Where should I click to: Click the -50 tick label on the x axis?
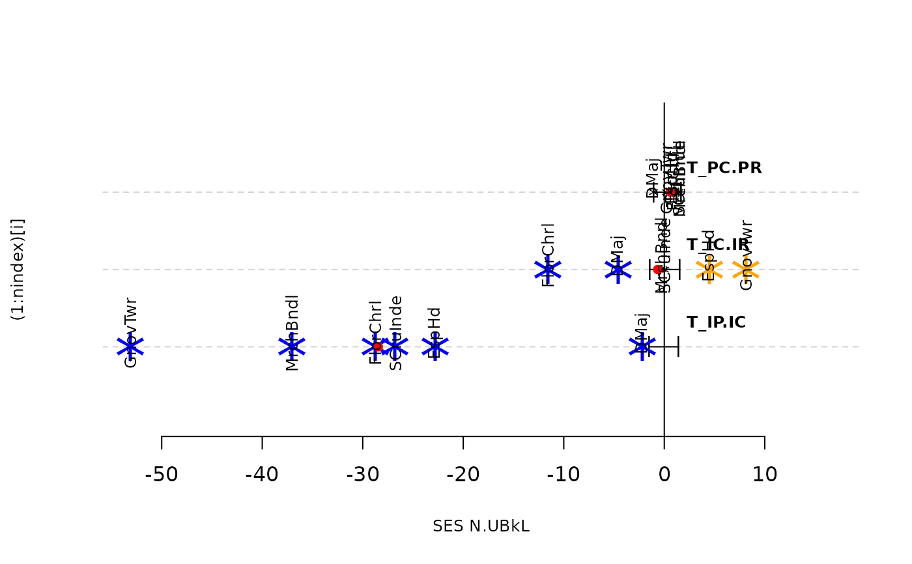162,475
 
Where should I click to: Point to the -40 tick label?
262,475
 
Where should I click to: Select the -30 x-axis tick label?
363,475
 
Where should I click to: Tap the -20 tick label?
463,475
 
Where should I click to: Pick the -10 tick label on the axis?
563,475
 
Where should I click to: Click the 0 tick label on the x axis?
664,475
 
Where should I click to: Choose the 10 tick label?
765,475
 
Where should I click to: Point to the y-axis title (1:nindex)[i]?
19,270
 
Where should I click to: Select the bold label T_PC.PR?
724,168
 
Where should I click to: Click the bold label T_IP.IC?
716,322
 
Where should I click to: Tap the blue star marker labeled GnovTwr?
130,346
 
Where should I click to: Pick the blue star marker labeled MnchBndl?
292,346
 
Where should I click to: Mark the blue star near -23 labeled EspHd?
435,346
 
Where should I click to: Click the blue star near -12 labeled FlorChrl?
548,270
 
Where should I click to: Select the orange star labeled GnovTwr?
747,270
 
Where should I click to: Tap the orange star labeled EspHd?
709,270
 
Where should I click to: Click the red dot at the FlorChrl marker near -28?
377,346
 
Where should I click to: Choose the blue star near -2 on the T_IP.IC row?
642,346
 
